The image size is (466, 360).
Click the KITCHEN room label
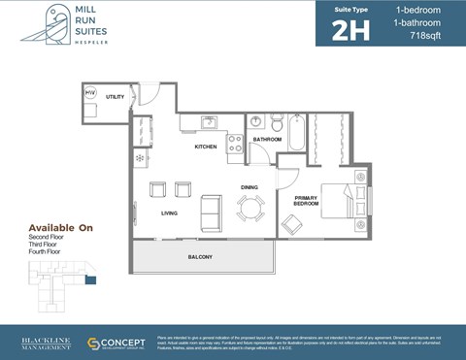coord(205,147)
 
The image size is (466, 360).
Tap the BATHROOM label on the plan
coord(267,140)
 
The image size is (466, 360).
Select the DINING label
coord(250,186)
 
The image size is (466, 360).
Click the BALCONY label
coord(200,256)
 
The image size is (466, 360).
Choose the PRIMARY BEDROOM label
coord(307,201)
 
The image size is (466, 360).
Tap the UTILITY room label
coord(115,97)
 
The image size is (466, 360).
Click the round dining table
coord(251,208)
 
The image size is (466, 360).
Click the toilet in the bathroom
coord(277,123)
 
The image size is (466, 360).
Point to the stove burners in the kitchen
coord(234,144)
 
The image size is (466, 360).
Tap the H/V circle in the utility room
coord(91,93)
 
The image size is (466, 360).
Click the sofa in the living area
coord(211,210)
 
